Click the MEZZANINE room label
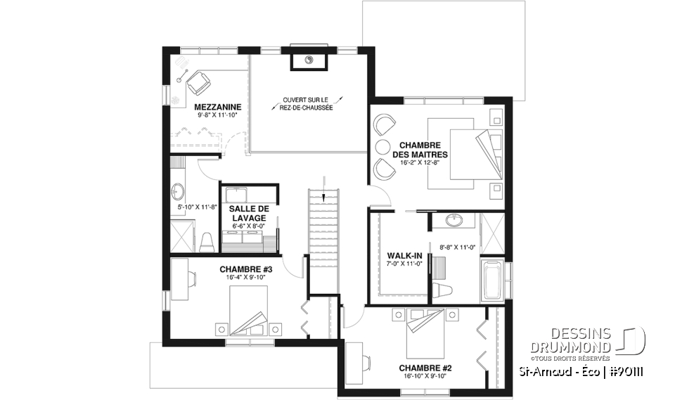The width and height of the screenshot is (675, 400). [218, 107]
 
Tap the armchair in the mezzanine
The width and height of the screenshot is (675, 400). [198, 83]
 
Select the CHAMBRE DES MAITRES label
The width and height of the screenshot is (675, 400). [421, 150]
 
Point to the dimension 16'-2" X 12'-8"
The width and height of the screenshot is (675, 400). [421, 163]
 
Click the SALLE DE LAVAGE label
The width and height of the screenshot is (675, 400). [248, 214]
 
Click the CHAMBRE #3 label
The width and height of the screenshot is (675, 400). [245, 269]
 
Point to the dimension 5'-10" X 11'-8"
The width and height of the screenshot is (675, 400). [196, 208]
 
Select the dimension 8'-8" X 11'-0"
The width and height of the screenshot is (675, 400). [457, 247]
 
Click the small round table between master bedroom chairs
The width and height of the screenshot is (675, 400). [382, 147]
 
